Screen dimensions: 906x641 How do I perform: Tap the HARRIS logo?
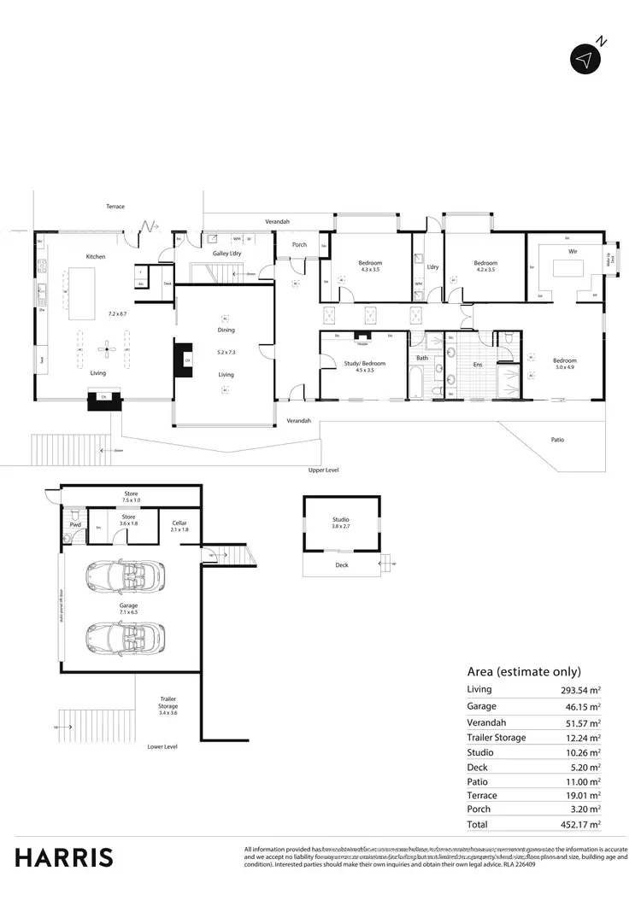[64, 856]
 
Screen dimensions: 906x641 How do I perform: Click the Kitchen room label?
[95, 256]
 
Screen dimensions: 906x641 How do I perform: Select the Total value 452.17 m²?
[580, 825]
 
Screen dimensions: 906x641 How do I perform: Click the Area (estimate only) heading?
[523, 671]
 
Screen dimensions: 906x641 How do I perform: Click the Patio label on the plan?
[557, 440]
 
